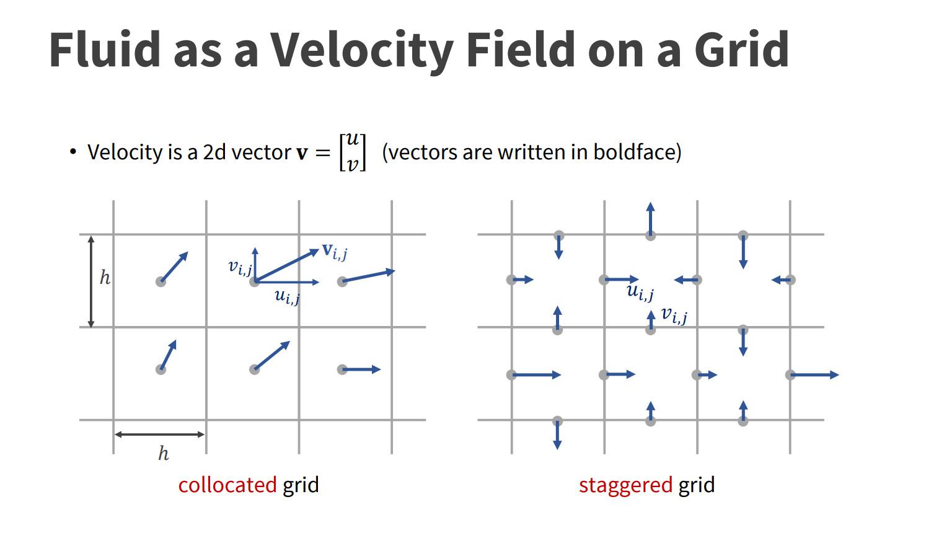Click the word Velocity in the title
[362, 50]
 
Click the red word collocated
[227, 485]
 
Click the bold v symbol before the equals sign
[302, 153]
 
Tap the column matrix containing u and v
[353, 152]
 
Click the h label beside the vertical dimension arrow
[105, 277]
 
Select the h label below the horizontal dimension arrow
[164, 454]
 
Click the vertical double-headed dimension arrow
[91, 281]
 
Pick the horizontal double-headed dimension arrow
[160, 434]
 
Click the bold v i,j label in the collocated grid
[335, 252]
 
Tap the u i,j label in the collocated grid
[288, 297]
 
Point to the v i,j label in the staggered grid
[674, 315]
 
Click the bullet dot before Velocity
[73, 151]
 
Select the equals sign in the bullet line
[323, 153]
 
